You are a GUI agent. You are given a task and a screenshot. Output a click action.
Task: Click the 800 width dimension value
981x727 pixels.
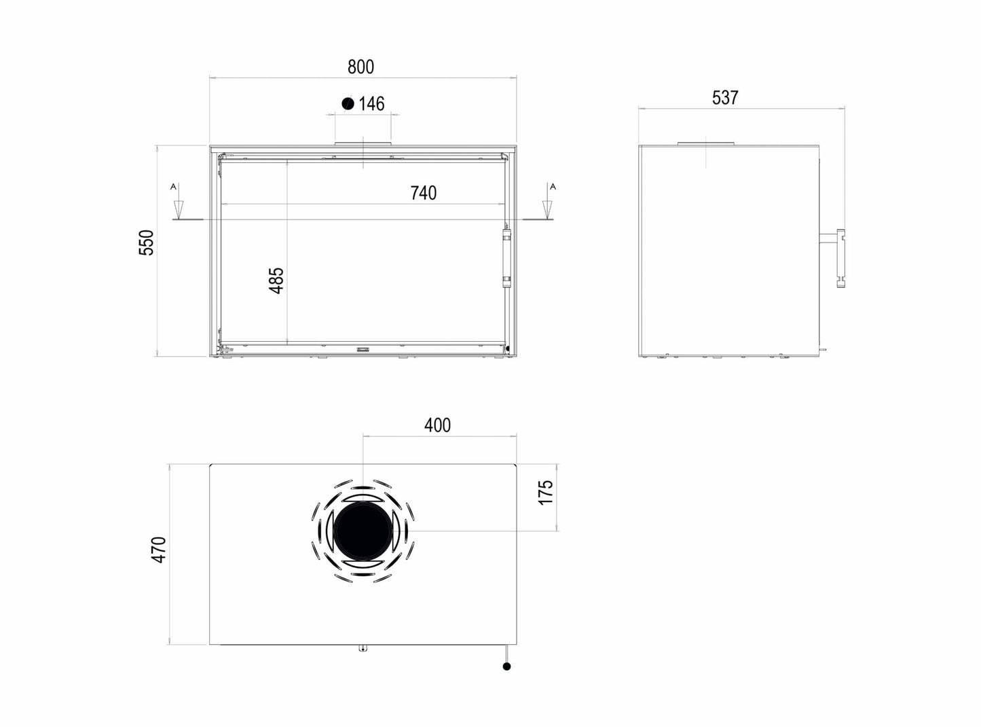pos(360,67)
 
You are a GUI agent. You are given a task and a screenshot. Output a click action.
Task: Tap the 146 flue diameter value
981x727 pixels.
pos(371,103)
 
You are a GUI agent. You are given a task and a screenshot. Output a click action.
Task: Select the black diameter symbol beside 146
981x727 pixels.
pos(348,103)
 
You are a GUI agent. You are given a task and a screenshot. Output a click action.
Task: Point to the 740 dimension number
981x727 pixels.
pos(423,193)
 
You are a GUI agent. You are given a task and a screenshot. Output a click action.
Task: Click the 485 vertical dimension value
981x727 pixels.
pos(276,280)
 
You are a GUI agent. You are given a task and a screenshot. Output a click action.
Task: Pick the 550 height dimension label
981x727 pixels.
pos(147,243)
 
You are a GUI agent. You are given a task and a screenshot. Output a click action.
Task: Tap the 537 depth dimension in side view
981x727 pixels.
pos(725,98)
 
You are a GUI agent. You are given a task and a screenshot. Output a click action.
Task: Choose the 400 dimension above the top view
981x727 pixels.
pos(437,425)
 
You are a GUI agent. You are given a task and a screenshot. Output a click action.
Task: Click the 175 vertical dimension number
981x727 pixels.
pos(546,492)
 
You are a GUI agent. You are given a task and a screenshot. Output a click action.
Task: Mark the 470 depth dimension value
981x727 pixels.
pos(159,550)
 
